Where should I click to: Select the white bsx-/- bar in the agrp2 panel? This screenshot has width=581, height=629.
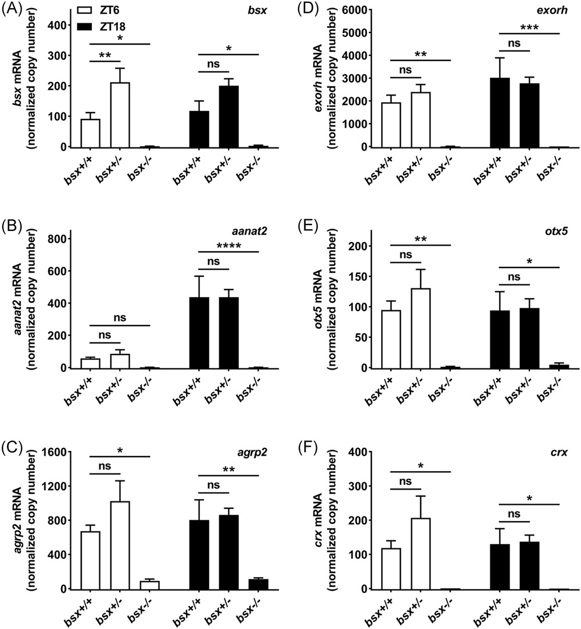tap(149, 585)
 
